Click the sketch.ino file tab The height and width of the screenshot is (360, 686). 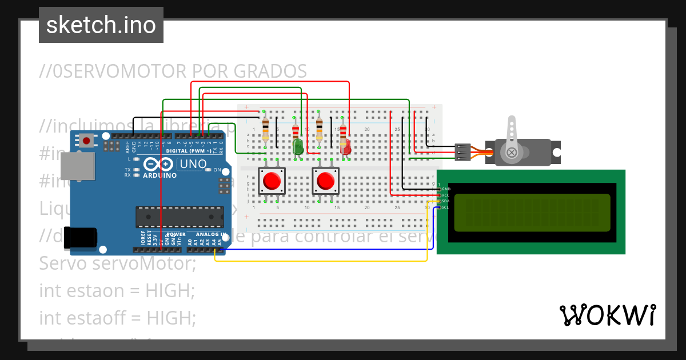pos(101,25)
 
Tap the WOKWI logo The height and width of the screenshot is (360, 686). pos(607,315)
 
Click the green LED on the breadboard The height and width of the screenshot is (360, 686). pos(298,147)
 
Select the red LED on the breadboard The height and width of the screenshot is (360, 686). pos(345,148)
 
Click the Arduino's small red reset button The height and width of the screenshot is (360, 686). pos(86,140)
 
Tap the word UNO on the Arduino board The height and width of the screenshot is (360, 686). pos(193,165)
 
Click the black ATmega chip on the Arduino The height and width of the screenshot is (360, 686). pos(180,217)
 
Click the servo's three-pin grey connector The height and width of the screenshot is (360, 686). pos(462,152)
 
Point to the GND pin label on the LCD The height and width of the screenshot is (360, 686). pos(446,189)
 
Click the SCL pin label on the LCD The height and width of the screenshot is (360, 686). pos(445,207)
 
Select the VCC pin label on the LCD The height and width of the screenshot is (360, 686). pos(446,195)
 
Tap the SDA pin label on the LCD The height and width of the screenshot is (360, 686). pos(445,201)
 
